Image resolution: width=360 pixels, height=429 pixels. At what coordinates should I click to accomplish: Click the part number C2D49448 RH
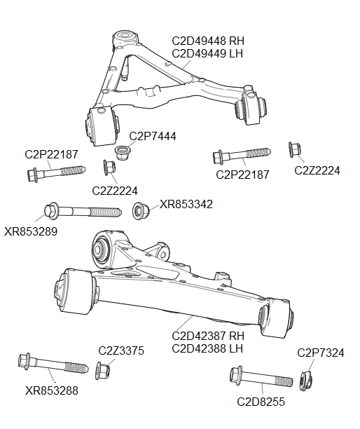point(207,41)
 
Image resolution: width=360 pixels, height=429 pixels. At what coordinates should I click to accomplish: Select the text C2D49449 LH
point(207,53)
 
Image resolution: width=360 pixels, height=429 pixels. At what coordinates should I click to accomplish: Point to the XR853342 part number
point(186,205)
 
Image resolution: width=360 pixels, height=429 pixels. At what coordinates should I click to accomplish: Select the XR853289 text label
point(30,231)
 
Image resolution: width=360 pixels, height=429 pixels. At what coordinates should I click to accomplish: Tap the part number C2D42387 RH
point(207,336)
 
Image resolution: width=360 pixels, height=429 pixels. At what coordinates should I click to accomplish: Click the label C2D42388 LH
point(207,348)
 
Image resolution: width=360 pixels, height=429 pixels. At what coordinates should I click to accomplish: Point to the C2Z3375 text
point(121,350)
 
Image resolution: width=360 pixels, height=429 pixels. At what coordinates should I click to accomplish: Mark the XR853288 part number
point(51,390)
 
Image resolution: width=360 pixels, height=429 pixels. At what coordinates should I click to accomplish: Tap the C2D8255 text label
point(261,402)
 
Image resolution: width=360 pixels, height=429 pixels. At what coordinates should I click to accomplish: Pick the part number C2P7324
point(321,353)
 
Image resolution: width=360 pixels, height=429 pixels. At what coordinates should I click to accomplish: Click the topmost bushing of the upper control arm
point(125,35)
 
